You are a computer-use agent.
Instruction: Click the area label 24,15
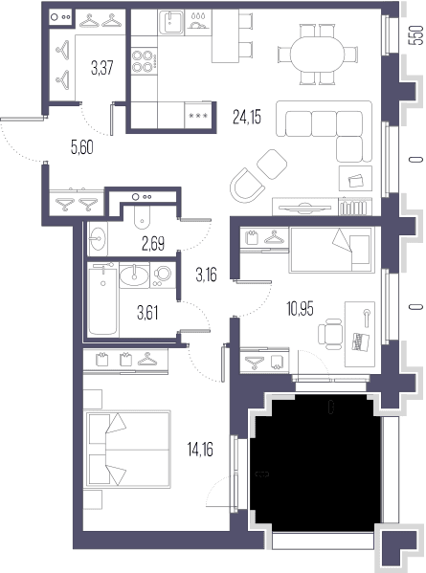coord(247,117)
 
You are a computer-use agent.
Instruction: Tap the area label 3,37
coord(102,68)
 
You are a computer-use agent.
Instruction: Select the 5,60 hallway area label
coord(82,147)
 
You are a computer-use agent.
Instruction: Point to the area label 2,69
coord(153,243)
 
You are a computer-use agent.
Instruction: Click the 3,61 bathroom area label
coord(147,313)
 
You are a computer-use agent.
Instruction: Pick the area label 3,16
coord(206,275)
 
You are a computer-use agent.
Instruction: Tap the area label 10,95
coord(300,309)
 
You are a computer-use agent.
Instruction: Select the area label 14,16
coord(200,450)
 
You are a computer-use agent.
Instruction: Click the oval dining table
coord(318,55)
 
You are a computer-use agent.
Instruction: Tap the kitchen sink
coord(171,22)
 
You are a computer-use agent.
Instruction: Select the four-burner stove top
coord(143,61)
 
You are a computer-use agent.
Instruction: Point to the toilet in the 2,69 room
coord(142,216)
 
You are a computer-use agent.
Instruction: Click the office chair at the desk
coord(330,334)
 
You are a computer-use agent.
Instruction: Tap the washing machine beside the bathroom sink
coord(163,275)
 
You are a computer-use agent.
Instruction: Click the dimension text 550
coord(415,35)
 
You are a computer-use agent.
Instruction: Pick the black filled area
coord(316,463)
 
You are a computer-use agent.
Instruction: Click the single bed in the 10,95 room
coord(331,250)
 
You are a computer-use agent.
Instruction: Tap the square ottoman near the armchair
coord(272,165)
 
